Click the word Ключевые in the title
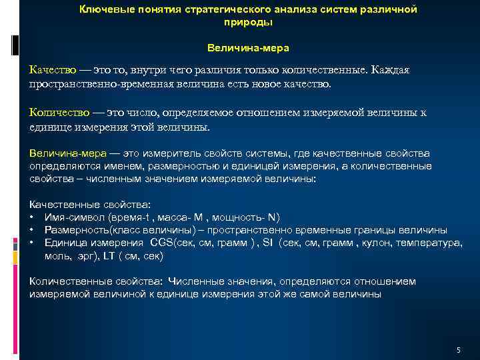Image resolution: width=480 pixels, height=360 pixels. pyautogui.click(x=104, y=10)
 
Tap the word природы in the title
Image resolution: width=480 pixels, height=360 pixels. pyautogui.click(x=248, y=22)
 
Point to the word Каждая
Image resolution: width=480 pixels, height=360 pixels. pyautogui.click(x=393, y=71)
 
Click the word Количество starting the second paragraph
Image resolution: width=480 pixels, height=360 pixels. pyautogui.click(x=58, y=112)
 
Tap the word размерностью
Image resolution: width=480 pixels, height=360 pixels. pyautogui.click(x=184, y=165)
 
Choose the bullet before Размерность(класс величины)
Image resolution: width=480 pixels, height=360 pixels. pyautogui.click(x=32, y=230)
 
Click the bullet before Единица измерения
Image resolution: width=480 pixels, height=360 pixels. pyautogui.click(x=32, y=243)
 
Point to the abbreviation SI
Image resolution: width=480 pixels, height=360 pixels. pyautogui.click(x=268, y=243)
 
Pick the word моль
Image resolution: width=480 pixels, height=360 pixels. pyautogui.click(x=56, y=255)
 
